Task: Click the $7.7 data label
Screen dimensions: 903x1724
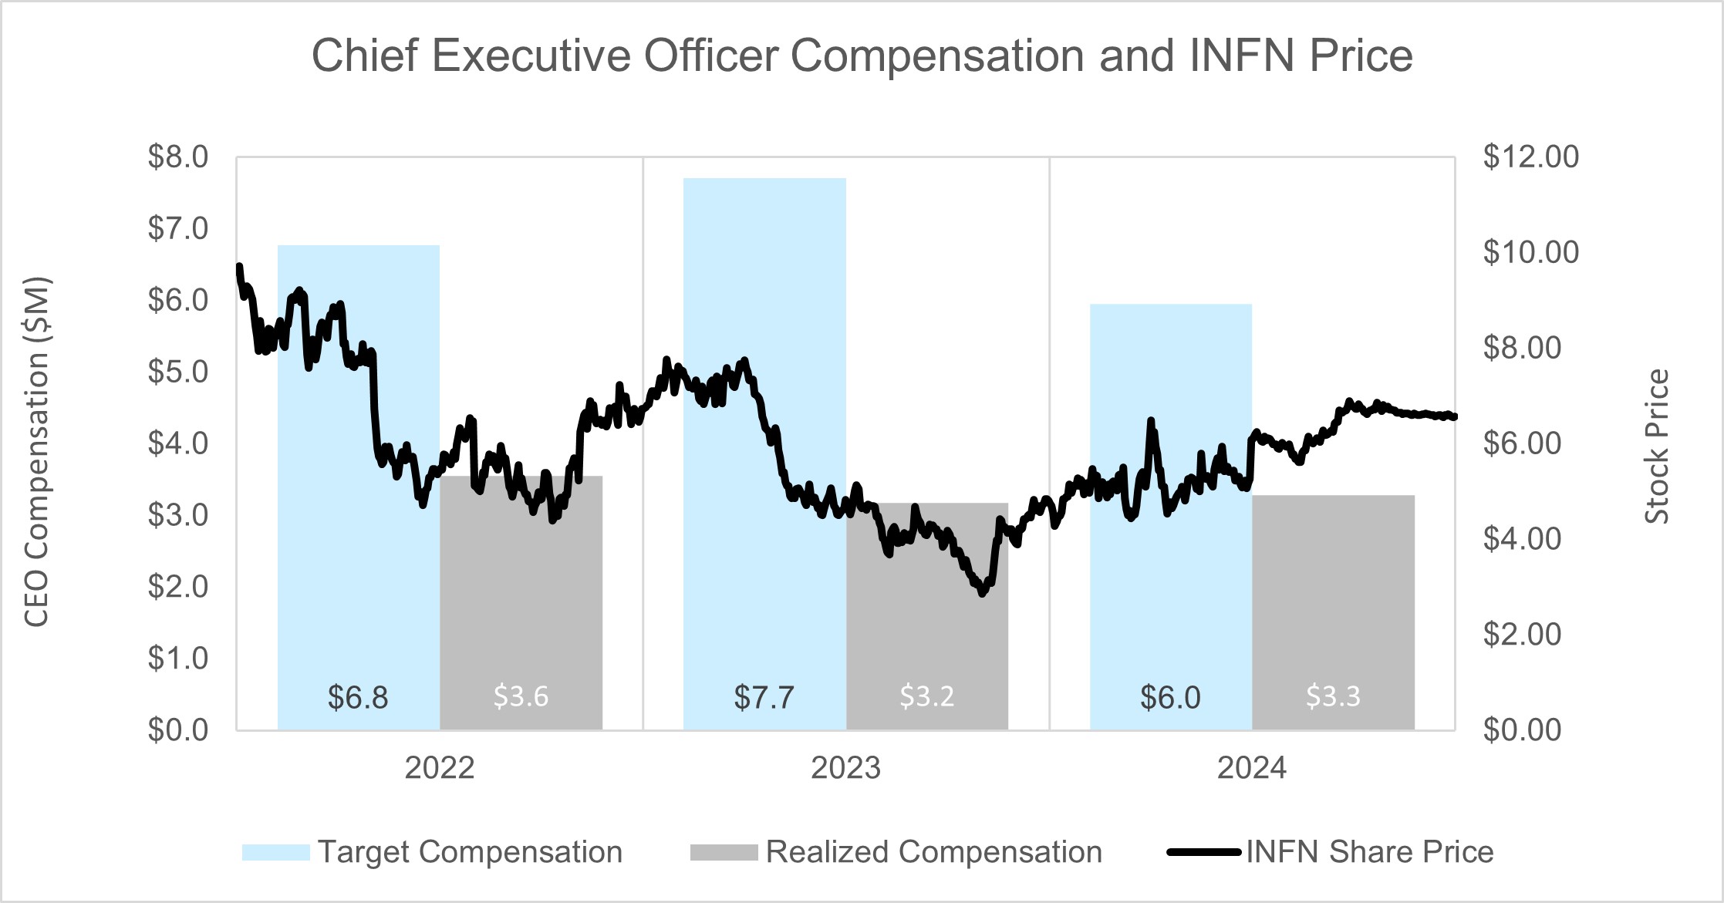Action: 764,697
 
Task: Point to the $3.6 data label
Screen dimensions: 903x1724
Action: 521,696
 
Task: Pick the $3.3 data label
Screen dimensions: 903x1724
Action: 1333,696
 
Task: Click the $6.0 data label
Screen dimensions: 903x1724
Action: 1170,697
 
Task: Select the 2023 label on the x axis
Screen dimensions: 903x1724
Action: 845,768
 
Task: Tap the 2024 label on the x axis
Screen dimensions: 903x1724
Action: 1252,768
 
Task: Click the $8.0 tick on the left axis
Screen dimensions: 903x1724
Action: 178,157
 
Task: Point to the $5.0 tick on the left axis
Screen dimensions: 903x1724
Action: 178,372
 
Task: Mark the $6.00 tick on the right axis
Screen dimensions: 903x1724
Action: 1522,443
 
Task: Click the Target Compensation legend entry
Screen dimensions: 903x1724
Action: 469,852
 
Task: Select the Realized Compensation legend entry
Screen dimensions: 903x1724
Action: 933,852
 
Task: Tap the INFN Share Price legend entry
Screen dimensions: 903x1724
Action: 1369,852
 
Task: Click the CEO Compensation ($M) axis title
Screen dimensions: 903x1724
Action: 37,451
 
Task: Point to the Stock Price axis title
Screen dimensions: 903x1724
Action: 1657,447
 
